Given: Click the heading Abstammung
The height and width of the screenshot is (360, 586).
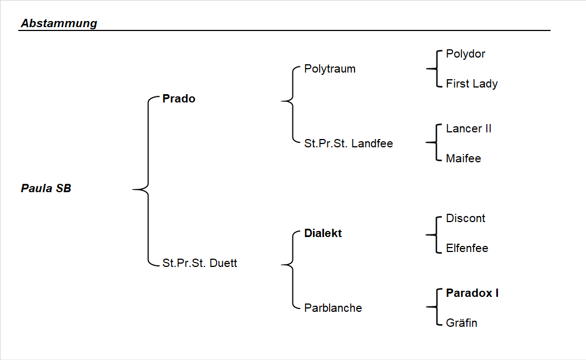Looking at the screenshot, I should click(59, 23).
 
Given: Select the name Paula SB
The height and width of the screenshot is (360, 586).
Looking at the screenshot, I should click(46, 188).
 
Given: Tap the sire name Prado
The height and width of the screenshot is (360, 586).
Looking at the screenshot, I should click(178, 99).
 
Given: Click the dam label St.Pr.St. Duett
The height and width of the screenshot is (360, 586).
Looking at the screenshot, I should click(199, 263).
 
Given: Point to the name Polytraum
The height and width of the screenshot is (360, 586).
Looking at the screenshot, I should click(330, 69).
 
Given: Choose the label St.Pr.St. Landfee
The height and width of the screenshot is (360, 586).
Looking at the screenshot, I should click(348, 143).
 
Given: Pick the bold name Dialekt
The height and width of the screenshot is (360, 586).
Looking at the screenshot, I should click(323, 233).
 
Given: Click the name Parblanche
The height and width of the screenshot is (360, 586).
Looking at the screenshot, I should click(333, 308).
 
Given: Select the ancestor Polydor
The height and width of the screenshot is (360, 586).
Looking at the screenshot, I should click(465, 54).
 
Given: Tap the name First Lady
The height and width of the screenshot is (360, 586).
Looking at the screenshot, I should click(471, 84).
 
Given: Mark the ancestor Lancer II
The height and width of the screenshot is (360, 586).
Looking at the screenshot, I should click(468, 128).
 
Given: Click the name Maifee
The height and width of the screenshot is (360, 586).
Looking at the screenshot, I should click(463, 158).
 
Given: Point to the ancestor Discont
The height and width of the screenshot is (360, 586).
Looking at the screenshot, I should click(465, 218).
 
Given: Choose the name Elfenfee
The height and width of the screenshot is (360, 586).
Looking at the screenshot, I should click(467, 248).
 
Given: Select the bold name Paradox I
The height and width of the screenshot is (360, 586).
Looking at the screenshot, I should click(472, 293).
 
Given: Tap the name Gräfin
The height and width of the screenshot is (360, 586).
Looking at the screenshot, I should click(461, 323).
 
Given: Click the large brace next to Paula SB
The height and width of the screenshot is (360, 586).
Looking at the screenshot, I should click(147, 189).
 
